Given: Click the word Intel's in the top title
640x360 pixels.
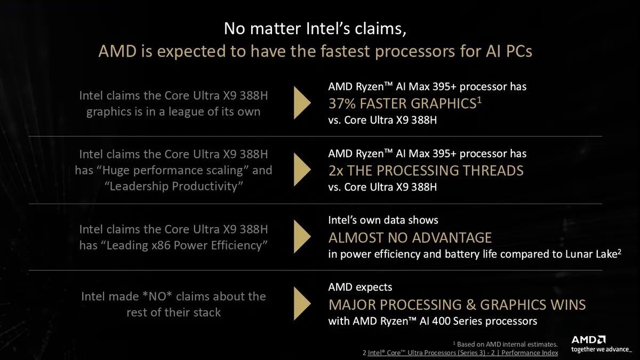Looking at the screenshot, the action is pos(328,29).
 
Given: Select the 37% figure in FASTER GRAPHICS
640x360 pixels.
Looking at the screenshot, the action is pos(342,103).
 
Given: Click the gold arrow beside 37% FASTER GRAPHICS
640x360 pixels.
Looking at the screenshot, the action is pos(302,103).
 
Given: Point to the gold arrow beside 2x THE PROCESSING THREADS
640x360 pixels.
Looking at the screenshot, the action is pos(302,170).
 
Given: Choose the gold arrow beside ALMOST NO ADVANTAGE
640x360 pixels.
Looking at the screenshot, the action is pos(302,237).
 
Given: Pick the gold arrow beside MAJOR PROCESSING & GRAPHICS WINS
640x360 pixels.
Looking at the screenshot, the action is pos(302,303).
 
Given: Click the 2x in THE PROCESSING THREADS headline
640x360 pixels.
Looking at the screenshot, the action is pos(335,171).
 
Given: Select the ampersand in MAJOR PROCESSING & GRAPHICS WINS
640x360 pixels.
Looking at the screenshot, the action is pos(470,305).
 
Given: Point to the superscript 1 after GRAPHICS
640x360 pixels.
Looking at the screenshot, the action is pos(479,100).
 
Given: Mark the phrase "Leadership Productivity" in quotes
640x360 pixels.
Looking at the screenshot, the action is pos(174,186).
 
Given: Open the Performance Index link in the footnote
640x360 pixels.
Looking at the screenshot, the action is pos(530,353).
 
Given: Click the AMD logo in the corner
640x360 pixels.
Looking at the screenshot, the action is pos(588,340).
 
